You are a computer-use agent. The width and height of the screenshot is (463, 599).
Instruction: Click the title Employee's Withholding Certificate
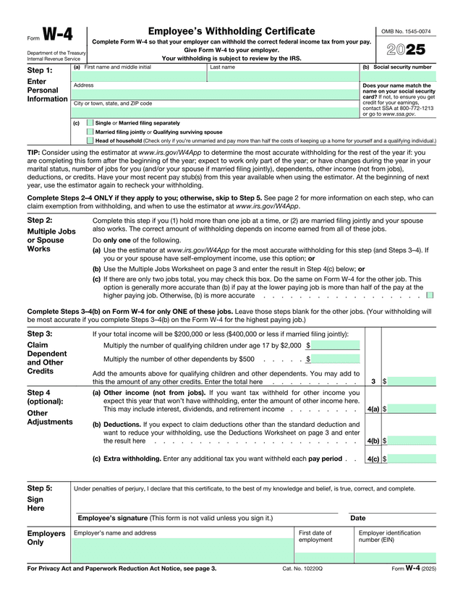coord(231,31)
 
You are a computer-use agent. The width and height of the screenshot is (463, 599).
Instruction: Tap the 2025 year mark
coord(406,50)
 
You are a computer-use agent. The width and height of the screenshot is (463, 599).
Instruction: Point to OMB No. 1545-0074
coord(406,32)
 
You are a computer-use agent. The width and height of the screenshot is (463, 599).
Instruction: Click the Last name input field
coord(283,76)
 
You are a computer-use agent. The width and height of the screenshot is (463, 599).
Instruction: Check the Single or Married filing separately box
coord(90,123)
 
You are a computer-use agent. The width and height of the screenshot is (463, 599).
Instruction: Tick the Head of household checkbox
coord(90,141)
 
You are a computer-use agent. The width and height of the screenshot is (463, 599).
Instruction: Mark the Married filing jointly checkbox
coord(90,132)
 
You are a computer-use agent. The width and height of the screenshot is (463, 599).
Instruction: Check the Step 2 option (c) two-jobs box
coord(430,295)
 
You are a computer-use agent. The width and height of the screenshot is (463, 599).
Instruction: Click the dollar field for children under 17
coord(336,346)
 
